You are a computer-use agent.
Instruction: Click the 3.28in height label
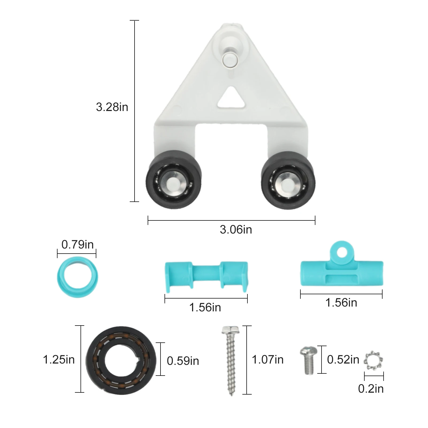[x=112, y=107]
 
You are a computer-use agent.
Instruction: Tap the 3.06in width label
[x=236, y=230]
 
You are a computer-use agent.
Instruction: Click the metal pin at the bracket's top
[x=229, y=59]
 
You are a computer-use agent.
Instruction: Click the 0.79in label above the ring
[x=77, y=244]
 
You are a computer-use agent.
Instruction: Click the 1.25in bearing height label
[x=59, y=360]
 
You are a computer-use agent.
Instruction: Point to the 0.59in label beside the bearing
[x=183, y=361]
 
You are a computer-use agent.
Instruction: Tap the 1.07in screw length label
[x=267, y=360]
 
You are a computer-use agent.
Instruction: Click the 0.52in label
[x=343, y=360]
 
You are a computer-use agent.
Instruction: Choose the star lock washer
[x=373, y=361]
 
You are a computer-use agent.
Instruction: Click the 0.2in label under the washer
[x=371, y=389]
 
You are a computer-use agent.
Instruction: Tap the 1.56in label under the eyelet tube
[x=341, y=303]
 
